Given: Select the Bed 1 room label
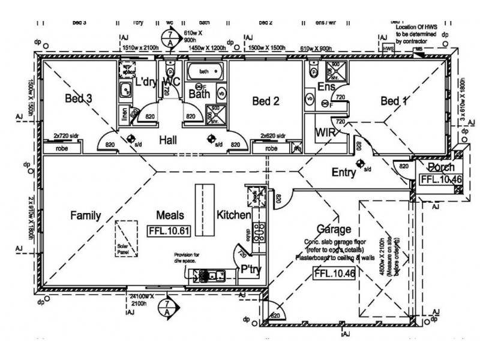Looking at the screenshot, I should coord(394,101).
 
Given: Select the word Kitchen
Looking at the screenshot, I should coord(232,215).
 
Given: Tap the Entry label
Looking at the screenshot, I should coord(344,173).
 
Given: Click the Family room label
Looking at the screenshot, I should coord(85,215).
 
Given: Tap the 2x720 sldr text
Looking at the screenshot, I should coord(67,137).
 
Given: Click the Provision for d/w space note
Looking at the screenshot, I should coord(191,257).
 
